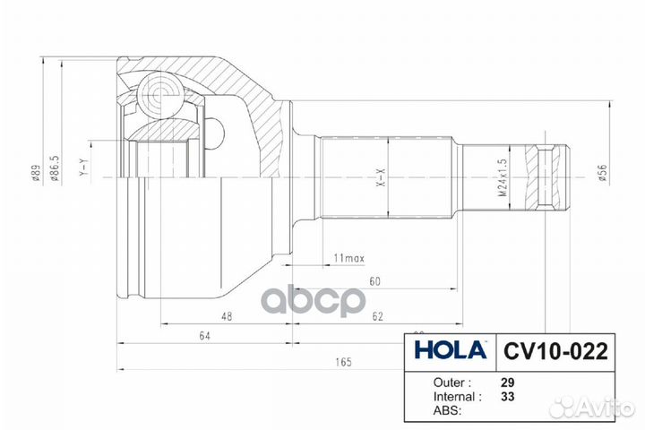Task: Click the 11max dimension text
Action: pos(348,259)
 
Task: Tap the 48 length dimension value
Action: pos(227,316)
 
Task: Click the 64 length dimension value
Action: pos(204,337)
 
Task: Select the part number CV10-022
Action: pos(550,349)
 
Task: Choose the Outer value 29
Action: pos(508,380)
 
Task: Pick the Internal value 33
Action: pos(508,395)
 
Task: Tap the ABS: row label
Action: pos(447,410)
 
